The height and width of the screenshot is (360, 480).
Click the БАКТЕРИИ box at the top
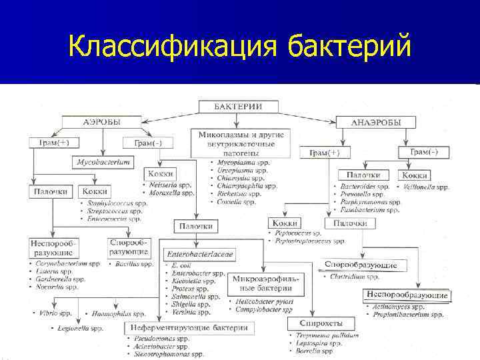tap(237, 106)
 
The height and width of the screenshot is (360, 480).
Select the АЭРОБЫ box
tap(102, 122)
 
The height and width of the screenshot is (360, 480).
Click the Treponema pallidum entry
tap(325, 335)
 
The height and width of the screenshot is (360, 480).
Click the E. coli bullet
tap(181, 265)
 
